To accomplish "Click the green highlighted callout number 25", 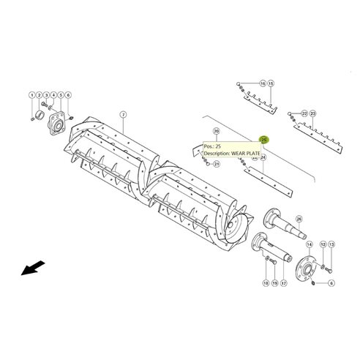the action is click(x=265, y=138).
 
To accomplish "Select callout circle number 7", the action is click(x=123, y=113).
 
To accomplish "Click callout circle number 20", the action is click(x=216, y=131).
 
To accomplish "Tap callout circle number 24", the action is click(x=263, y=157).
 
